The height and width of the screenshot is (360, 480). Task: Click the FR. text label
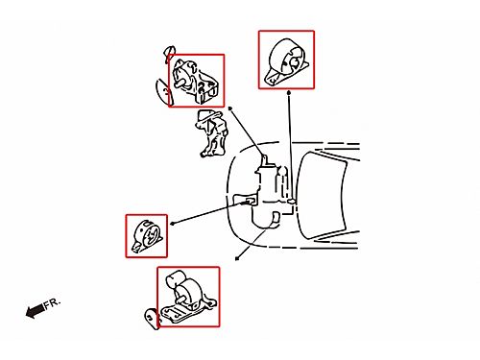[x=52, y=303]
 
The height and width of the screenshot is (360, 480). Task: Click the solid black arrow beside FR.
[x=36, y=311]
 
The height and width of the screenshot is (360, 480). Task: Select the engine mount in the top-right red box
[x=286, y=61]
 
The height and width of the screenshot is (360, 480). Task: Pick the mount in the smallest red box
[x=146, y=235]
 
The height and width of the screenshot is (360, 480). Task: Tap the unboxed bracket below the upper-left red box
[x=212, y=133]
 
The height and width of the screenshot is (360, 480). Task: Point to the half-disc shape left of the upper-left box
[x=163, y=92]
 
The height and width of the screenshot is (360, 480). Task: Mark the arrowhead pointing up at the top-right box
[x=289, y=92]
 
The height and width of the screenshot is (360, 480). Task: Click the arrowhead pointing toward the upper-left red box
[x=230, y=108]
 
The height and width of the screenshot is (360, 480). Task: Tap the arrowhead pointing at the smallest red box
[x=172, y=224]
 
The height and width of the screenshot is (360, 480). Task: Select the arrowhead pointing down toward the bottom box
[x=237, y=258]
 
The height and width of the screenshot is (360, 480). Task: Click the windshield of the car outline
[x=322, y=195]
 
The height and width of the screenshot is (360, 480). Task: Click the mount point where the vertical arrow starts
[x=291, y=202]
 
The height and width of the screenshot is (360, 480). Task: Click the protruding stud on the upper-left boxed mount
[x=180, y=83]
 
